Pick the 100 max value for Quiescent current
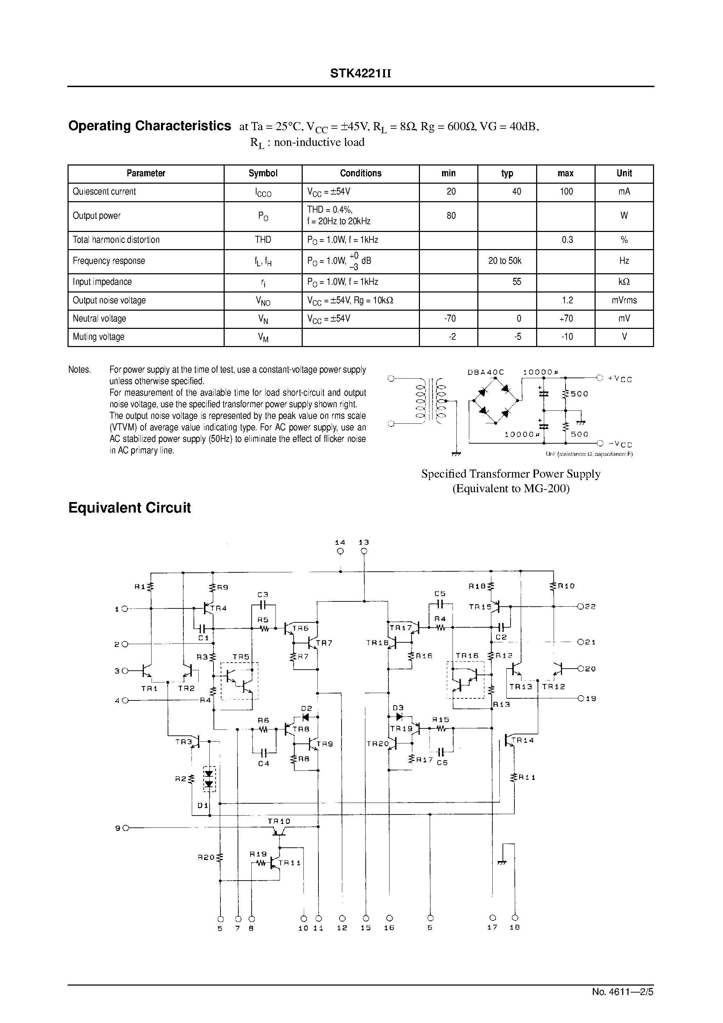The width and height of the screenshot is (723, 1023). coord(566,192)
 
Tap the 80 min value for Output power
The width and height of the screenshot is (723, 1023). coord(451,216)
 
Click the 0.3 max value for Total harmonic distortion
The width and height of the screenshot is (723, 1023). coord(567,240)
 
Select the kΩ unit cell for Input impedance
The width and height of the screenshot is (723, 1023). coord(624,282)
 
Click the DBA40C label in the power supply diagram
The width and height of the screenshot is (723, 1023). coord(486,372)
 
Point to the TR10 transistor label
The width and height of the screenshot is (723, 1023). coord(279,821)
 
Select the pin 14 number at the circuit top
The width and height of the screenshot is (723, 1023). coord(340,542)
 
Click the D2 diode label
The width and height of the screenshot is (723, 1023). coord(306,708)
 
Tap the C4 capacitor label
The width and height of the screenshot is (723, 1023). coord(264,764)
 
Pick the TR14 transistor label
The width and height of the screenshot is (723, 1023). coord(522,740)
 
